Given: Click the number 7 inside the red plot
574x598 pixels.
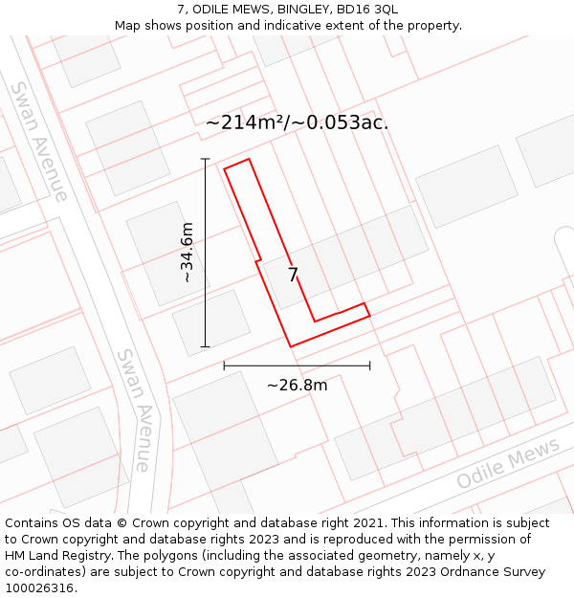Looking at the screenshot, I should click(x=294, y=276).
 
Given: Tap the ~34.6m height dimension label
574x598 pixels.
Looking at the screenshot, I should click(x=187, y=253).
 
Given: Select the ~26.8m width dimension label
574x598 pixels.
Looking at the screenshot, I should click(x=297, y=385).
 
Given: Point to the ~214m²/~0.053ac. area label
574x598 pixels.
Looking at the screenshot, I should click(x=297, y=122).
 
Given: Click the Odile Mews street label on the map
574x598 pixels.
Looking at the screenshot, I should click(x=507, y=465).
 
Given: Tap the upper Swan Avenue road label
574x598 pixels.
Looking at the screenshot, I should click(x=39, y=142).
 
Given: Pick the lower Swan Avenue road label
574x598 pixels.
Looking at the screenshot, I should click(x=133, y=410).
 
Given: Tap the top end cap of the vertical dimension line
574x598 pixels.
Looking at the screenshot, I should click(x=205, y=159).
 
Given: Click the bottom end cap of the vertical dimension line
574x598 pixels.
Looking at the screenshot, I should click(x=205, y=346).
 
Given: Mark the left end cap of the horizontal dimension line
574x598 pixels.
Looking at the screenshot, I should click(x=224, y=365).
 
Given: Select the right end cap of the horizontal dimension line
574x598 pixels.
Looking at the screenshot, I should click(x=370, y=365).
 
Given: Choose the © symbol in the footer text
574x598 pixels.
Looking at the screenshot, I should click(x=121, y=522).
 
